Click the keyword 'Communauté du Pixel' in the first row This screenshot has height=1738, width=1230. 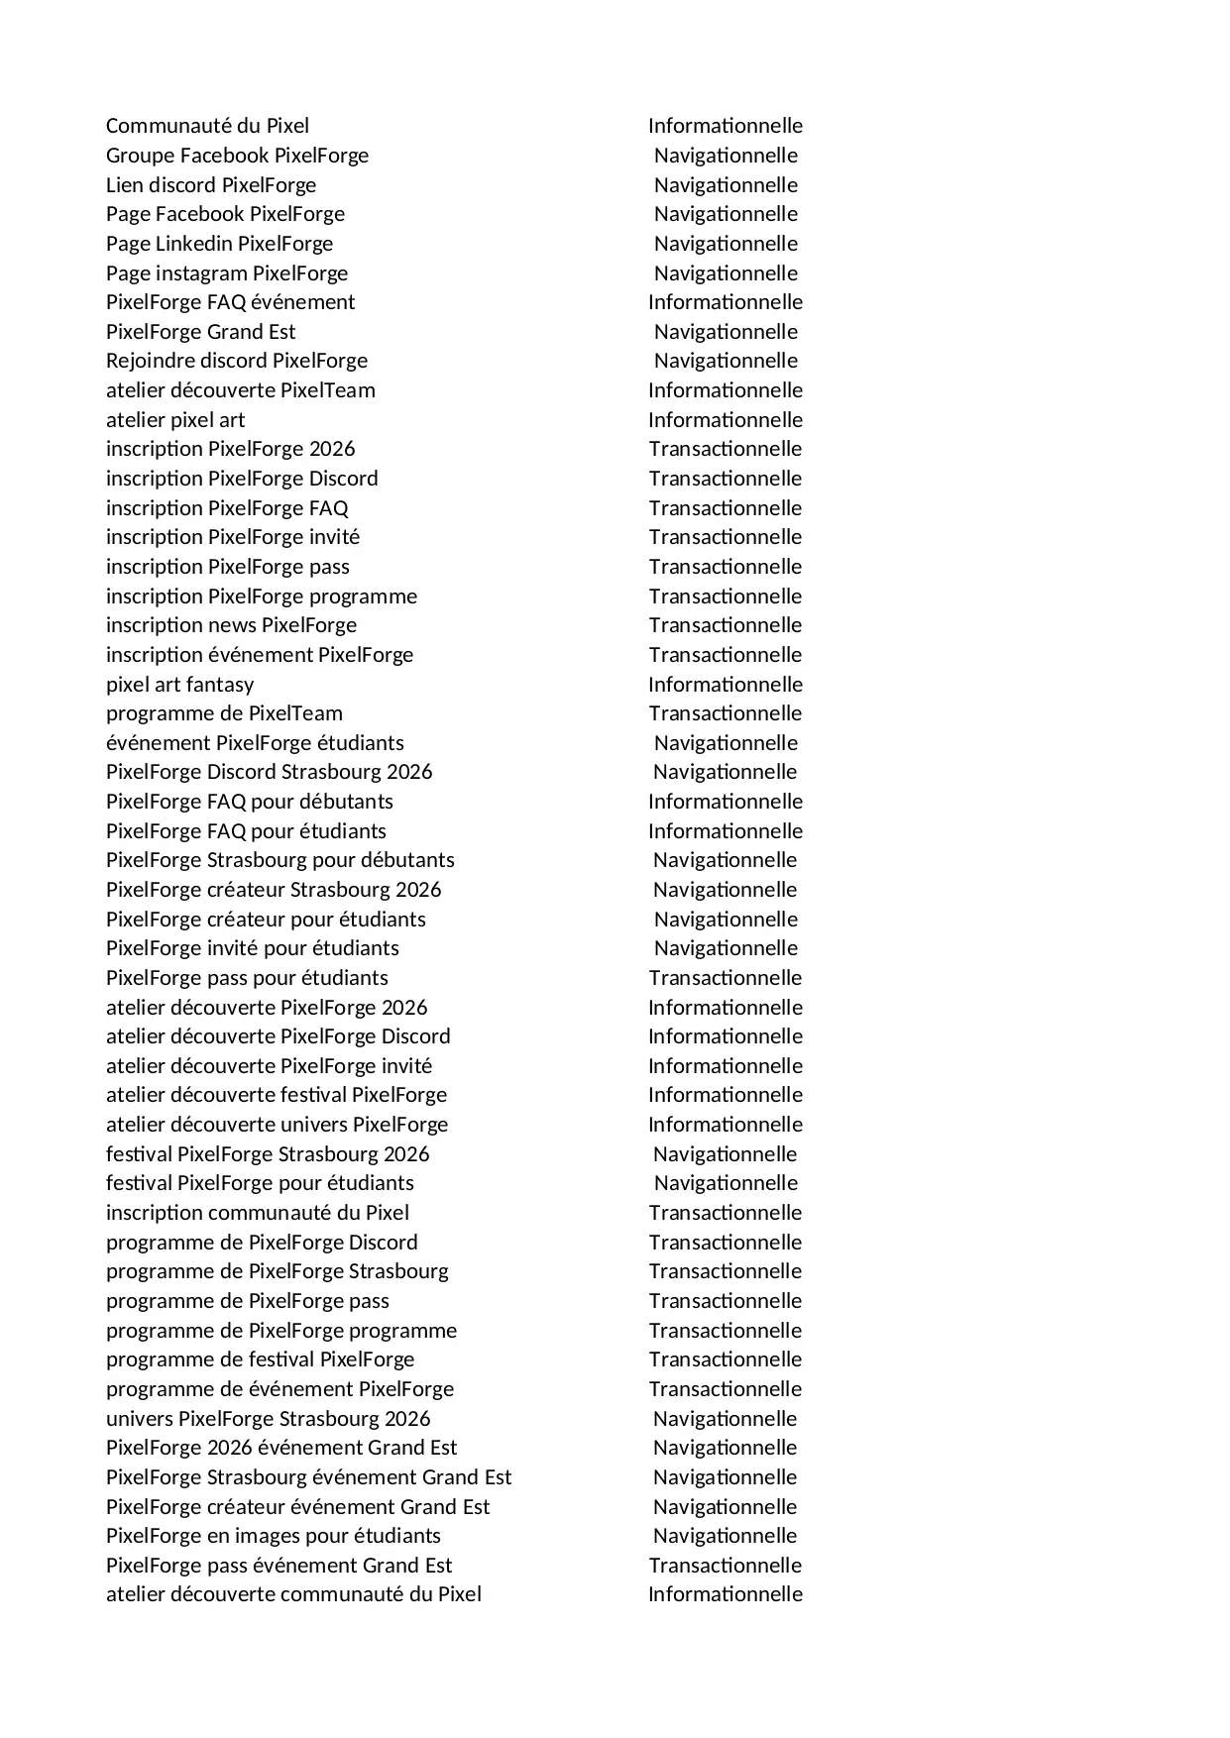[207, 126]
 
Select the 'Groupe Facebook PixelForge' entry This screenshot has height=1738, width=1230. [237, 156]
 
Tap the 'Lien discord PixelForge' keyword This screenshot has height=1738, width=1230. [211, 185]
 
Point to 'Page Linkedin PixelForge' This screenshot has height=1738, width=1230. [219, 244]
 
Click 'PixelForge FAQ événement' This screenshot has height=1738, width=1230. [230, 302]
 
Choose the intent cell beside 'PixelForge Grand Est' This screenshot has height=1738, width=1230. [726, 332]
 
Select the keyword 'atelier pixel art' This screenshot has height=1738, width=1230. [175, 420]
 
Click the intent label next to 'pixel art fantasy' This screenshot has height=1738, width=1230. [726, 685]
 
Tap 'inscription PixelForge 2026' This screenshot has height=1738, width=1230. [230, 449]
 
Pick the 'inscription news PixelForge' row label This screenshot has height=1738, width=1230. [231, 625]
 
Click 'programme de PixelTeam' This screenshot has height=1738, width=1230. [224, 713]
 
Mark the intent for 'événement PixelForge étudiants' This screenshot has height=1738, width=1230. [726, 743]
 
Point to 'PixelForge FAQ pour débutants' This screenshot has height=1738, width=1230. [250, 802]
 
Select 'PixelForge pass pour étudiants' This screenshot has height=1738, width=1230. [247, 978]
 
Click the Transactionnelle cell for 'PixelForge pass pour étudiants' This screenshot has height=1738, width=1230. [726, 978]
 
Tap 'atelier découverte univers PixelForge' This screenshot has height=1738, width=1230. [277, 1125]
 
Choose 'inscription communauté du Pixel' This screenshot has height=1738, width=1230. [258, 1213]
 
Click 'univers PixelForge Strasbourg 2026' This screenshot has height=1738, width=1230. [268, 1419]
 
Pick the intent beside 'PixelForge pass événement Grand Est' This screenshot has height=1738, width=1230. [726, 1566]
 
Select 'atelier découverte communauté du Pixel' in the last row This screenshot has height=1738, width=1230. [293, 1594]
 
